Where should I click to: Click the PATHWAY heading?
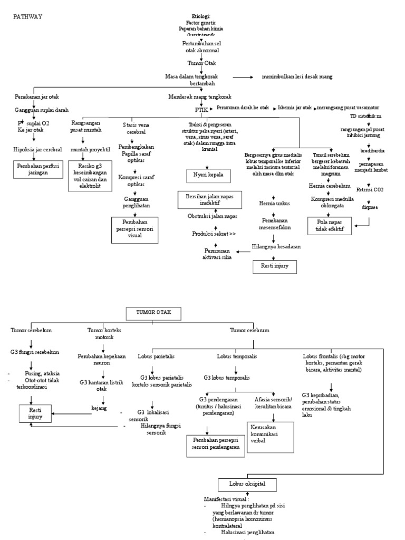click(27, 16)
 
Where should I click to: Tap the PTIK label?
click(201, 110)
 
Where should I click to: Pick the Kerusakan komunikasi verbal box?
click(270, 436)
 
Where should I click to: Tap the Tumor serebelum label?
click(32, 330)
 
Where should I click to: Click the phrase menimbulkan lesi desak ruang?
click(297, 77)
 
